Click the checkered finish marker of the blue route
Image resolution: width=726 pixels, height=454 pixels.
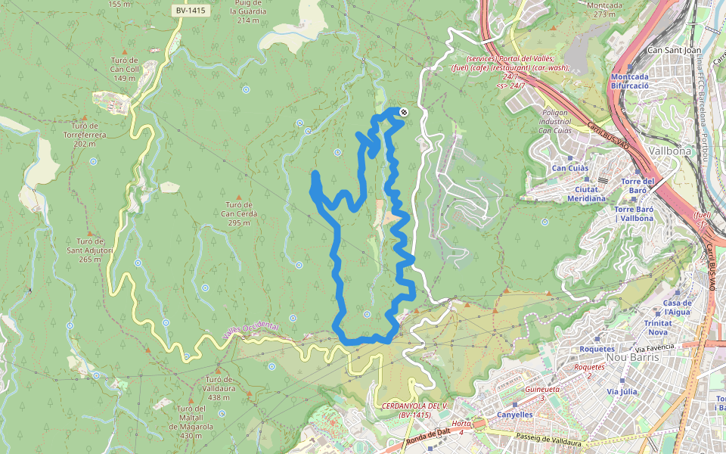point(404,113)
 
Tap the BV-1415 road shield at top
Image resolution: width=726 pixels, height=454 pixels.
point(190,11)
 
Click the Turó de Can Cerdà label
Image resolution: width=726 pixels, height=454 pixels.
point(239,209)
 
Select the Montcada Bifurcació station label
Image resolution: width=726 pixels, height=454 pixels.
point(630,82)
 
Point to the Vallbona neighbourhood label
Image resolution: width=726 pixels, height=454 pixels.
point(669,151)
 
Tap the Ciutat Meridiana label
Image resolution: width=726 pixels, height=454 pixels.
point(586,194)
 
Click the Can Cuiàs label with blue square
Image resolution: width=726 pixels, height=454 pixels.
point(570,168)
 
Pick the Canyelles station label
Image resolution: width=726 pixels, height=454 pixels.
point(515,415)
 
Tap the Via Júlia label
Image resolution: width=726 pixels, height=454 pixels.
point(622,392)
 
